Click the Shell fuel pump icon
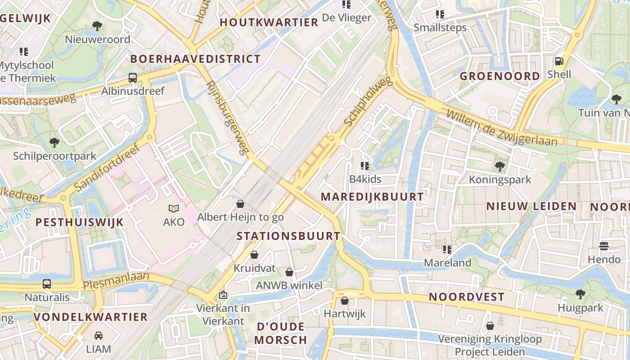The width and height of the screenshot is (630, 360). pos(559,61)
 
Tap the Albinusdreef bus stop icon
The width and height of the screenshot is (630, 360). pos(133,77)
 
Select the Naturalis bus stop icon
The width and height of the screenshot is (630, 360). pos(47,284)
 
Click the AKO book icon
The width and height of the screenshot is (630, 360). pos(174,208)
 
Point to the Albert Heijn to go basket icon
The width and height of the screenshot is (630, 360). pos(240,204)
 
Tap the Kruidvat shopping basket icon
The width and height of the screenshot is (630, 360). pos(254,255)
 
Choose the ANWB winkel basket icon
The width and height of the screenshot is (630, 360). pos(289,272)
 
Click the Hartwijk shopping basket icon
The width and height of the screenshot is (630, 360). pos(345,300)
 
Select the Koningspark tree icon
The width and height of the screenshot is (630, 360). pos(499,166)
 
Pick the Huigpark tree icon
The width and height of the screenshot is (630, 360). pos(580,294)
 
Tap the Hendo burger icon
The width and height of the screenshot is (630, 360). pos(604,246)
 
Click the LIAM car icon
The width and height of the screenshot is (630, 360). pos(99,335)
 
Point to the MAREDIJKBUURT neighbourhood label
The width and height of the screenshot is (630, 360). pos(373,197)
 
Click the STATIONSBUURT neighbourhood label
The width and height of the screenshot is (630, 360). pos(288,236)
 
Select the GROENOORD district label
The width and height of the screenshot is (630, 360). pos(499,76)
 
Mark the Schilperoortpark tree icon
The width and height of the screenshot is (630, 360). pos(54,143)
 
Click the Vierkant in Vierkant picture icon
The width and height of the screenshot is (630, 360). pos(223,295)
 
